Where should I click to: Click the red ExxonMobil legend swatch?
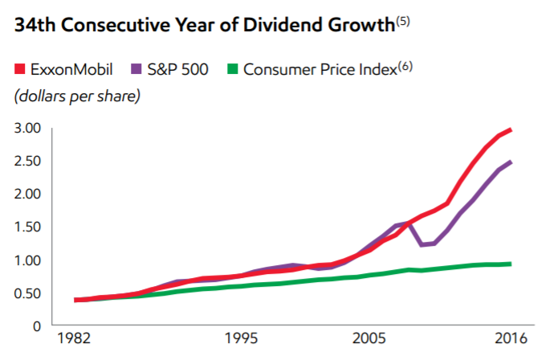tap(19, 68)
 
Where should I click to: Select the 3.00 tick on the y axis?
tap(27, 128)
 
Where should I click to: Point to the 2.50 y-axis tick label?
tap(27, 161)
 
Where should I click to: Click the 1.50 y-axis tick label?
tap(27, 227)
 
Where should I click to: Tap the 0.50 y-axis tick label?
tap(27, 293)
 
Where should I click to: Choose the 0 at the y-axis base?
tap(36, 326)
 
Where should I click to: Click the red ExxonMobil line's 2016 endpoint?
tap(511, 129)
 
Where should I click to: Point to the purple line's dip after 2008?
tap(422, 244)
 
